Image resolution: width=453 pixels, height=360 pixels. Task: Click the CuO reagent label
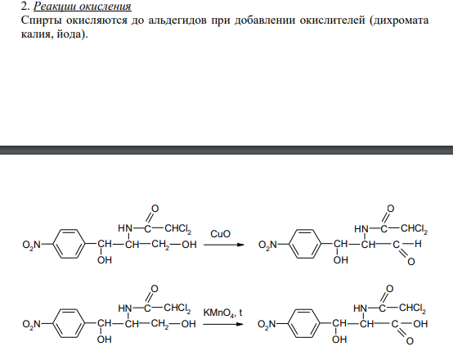coord(221,234)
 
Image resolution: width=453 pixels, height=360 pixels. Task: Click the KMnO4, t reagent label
coord(222,313)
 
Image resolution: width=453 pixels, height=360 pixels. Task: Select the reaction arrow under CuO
coord(223,245)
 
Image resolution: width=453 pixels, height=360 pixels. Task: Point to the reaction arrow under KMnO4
coord(223,324)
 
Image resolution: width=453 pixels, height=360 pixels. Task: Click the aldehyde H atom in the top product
coord(418,244)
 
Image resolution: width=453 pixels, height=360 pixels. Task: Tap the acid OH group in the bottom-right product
coord(420,323)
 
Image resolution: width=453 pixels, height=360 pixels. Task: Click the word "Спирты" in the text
coord(42,20)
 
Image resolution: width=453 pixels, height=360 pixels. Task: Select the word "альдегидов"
coord(177,20)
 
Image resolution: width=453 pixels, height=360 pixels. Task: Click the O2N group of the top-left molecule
coord(32,245)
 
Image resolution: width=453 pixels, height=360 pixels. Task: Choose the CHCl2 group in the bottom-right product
coord(412,308)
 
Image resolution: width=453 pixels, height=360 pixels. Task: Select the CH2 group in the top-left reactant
coord(159,245)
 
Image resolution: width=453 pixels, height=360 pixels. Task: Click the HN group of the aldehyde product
coord(361,229)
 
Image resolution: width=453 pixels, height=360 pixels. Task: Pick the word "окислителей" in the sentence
coord(332,20)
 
